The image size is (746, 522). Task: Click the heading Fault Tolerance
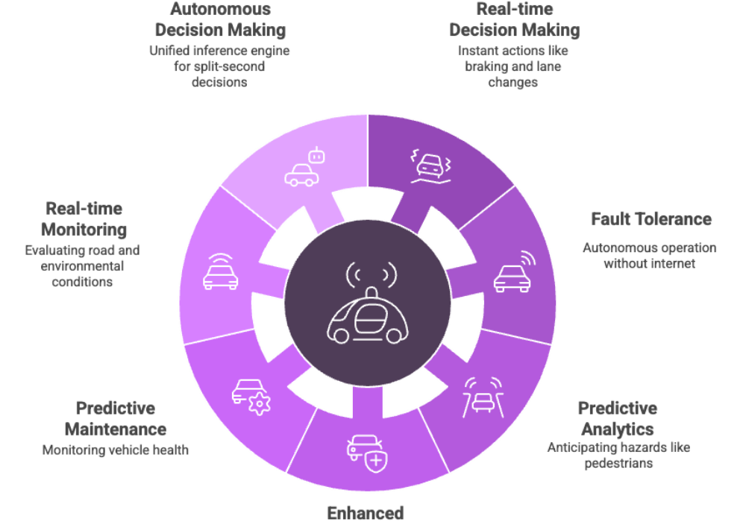651,219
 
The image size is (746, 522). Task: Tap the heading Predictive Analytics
618,418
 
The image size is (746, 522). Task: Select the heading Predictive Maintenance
116,418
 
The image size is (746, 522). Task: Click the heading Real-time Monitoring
84,218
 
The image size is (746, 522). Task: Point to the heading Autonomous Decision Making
220,19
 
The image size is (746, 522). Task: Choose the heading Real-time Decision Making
514,19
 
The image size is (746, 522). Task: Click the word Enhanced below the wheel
366,514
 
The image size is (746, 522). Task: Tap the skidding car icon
431,166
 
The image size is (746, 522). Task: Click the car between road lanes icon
483,397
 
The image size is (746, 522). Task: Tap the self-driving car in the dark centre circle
368,302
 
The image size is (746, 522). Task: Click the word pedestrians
618,463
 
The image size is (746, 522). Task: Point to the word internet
674,263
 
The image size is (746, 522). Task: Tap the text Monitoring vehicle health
116,450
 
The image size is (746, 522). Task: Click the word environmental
82,265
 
